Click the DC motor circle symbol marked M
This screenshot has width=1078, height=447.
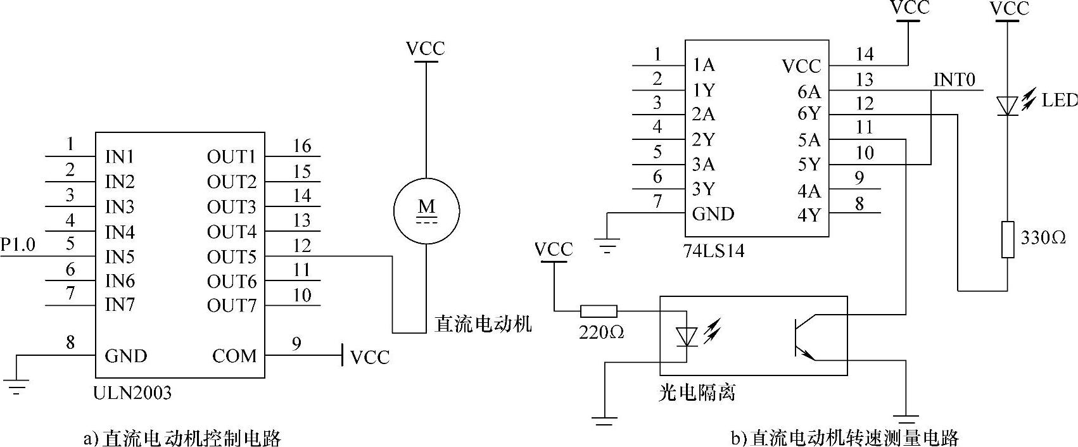[x=426, y=210]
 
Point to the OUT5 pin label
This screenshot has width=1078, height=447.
[x=231, y=257]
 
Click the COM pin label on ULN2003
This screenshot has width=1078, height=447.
[x=234, y=356]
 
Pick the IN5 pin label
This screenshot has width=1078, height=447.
[x=120, y=257]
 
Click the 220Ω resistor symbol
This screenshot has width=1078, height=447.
[x=599, y=311]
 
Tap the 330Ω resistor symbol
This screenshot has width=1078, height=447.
[x=1008, y=239]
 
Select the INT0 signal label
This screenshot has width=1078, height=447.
[x=954, y=80]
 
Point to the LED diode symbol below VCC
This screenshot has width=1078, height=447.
[x=1007, y=105]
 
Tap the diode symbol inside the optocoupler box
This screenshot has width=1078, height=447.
[x=686, y=336]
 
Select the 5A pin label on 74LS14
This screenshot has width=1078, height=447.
[x=809, y=140]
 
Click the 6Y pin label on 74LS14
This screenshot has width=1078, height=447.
[x=809, y=114]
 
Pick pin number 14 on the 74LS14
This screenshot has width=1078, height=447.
[x=864, y=54]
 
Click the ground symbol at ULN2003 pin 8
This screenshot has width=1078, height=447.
[x=17, y=385]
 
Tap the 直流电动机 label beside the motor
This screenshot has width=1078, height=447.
[x=483, y=324]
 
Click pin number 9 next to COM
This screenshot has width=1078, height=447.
[x=296, y=344]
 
